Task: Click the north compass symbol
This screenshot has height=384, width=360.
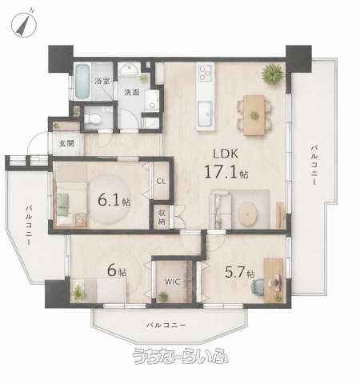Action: pos(23,25)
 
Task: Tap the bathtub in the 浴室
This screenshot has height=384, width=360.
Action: pos(82,81)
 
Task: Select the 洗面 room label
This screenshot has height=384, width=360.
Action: pos(132,93)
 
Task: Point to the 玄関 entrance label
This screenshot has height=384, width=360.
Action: pos(66,144)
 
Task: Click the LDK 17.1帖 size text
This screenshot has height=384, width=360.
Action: pos(226,163)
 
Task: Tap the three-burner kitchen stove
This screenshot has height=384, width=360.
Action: pos(206,72)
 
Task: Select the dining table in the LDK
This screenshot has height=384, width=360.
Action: pos(254,115)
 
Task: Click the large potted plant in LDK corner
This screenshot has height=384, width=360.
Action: pos(272,74)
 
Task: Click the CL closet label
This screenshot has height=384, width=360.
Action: pos(161,182)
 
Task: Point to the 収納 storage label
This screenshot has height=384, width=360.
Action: pos(162,217)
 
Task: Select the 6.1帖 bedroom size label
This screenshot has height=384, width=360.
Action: pos(114,200)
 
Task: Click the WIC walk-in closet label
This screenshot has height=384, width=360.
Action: pos(172,282)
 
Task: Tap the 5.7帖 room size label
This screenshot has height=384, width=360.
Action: pos(240,273)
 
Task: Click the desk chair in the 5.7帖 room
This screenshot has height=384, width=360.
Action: pos(258,286)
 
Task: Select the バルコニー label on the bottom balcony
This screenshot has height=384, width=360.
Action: pos(166,326)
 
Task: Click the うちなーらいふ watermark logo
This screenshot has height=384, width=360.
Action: pos(181,356)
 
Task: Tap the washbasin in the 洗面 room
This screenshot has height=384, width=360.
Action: pos(129,70)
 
